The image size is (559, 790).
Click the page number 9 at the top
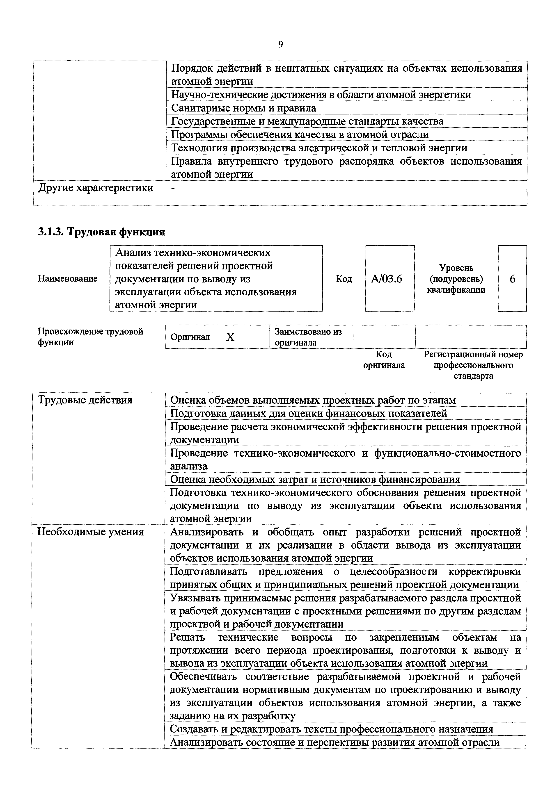coord(281,44)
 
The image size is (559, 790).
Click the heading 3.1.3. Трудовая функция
coord(101,232)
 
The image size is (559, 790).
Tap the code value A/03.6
coord(386,278)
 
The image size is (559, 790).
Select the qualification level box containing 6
coord(512,279)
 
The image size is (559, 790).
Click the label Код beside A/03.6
coord(344,279)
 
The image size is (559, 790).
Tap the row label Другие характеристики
coord(96,188)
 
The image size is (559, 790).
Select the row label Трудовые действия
coord(85,400)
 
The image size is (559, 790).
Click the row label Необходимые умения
coord(90,532)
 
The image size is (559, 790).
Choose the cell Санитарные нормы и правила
coord(244,108)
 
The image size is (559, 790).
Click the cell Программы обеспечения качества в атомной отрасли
coord(300,134)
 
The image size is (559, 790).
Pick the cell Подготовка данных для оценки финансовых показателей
coord(308,413)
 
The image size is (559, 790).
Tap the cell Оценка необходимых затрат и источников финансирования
coord(315,479)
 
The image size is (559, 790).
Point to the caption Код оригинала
coord(384,360)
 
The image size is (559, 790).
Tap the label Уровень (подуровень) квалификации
coord(456,279)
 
